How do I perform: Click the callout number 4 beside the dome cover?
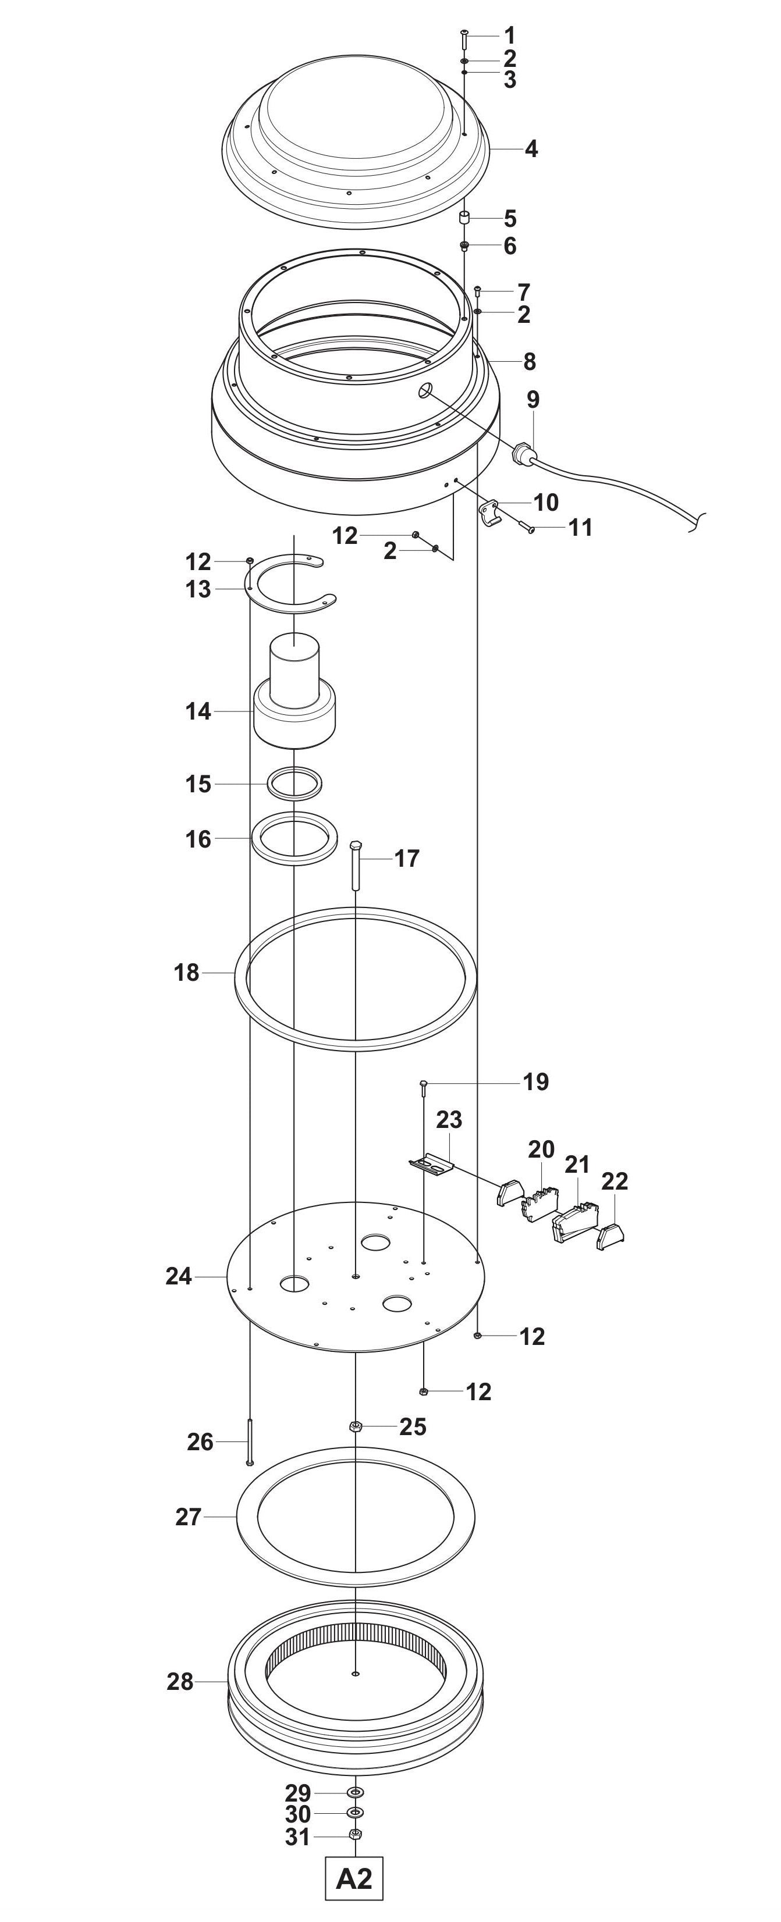click(x=531, y=150)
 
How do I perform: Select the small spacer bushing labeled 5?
click(x=464, y=218)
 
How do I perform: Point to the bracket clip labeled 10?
click(x=488, y=512)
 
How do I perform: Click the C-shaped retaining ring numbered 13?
click(x=291, y=586)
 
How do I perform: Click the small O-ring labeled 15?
click(x=296, y=784)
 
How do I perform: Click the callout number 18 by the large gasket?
click(x=187, y=973)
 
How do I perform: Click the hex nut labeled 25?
click(x=356, y=1426)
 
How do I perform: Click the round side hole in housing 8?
click(x=425, y=390)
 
